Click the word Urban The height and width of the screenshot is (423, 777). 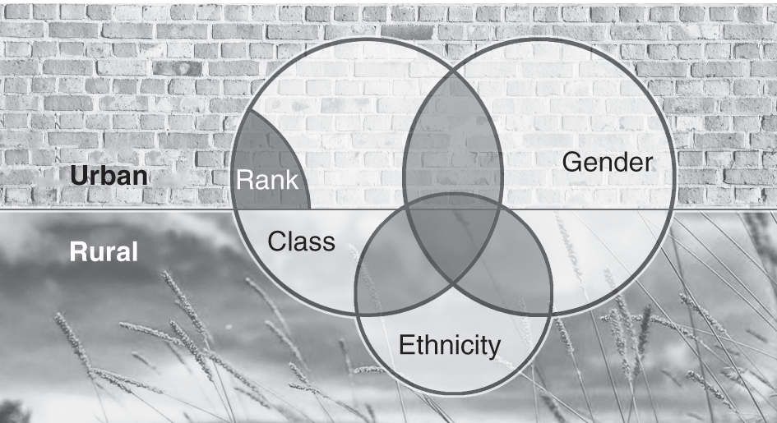108,176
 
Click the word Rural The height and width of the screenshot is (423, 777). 103,251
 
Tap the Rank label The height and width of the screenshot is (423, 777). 267,181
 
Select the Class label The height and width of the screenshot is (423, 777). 302,241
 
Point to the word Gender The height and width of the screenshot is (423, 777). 608,161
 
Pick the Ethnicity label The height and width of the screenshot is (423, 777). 450,345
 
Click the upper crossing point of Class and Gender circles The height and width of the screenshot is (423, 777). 453,71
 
